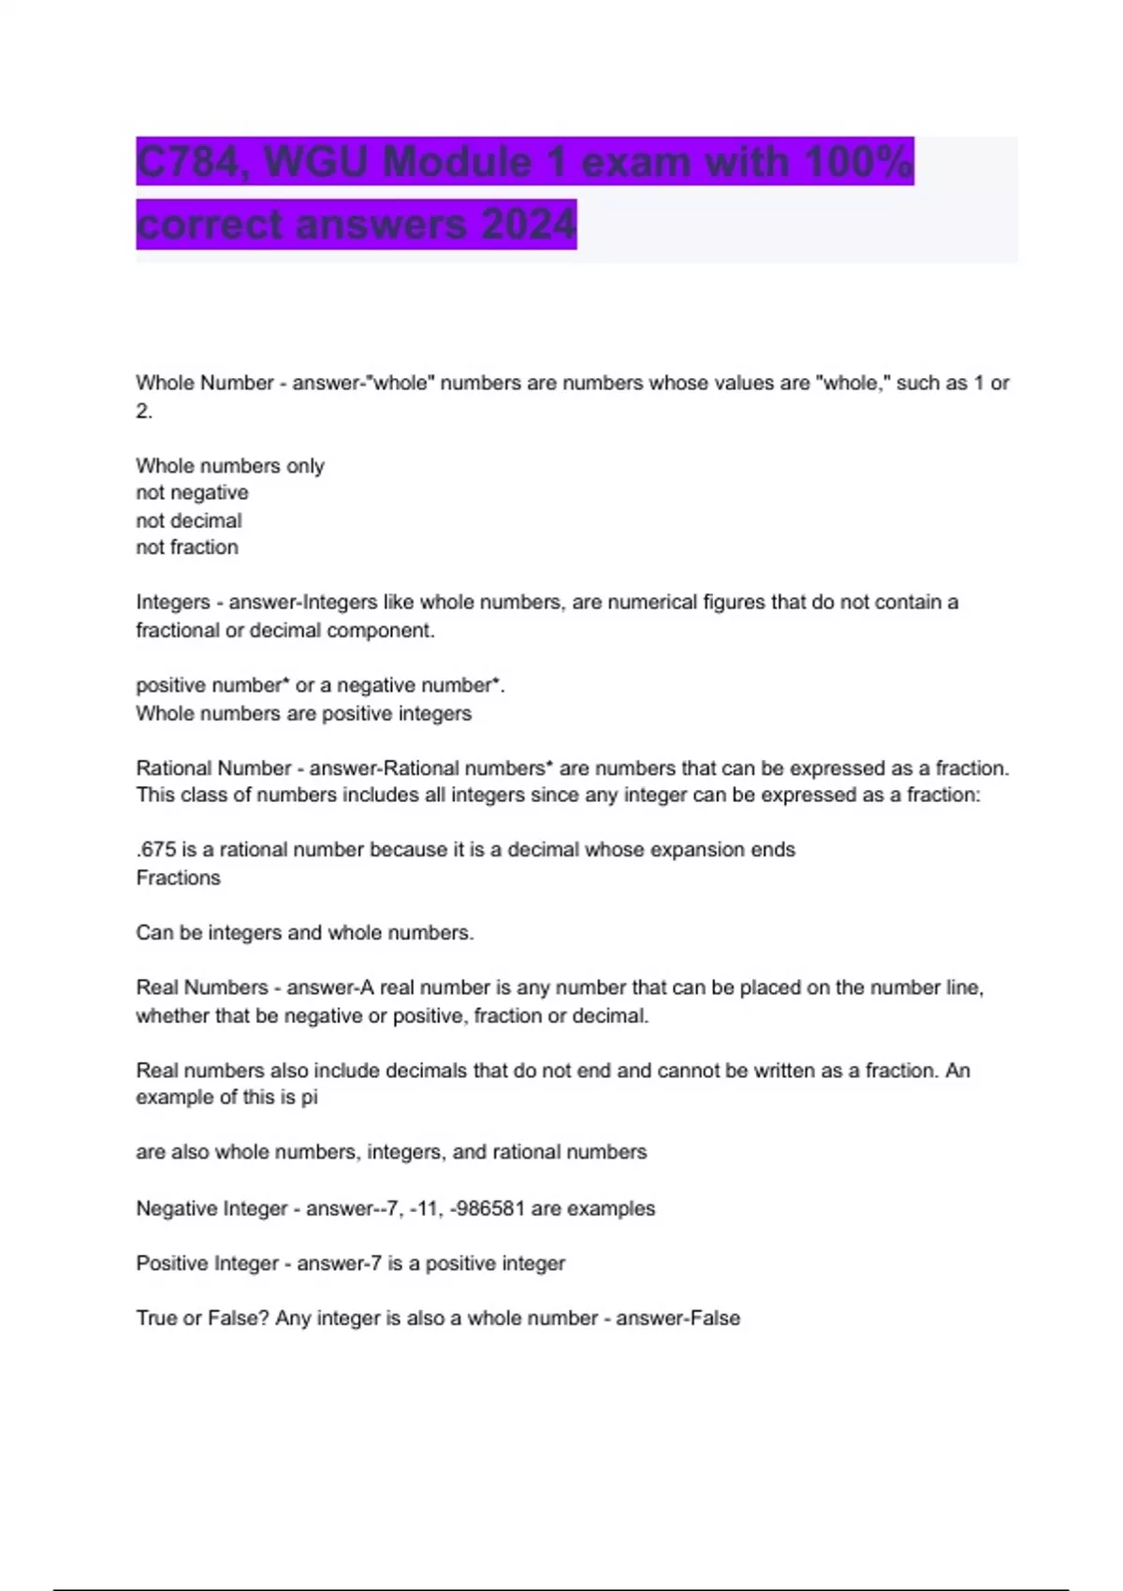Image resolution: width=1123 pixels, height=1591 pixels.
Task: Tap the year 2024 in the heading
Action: pyautogui.click(x=528, y=225)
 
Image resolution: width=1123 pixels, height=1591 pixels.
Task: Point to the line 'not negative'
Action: pyautogui.click(x=192, y=492)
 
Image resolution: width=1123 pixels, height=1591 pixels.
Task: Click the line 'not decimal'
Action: pyautogui.click(x=188, y=520)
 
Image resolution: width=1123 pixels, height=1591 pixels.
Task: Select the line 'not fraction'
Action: pyautogui.click(x=186, y=547)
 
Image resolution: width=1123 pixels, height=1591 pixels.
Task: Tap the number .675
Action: pyautogui.click(x=155, y=850)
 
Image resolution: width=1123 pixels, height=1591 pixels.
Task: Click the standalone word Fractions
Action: pyautogui.click(x=178, y=878)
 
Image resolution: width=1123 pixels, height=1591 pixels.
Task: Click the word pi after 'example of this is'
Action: pyautogui.click(x=309, y=1097)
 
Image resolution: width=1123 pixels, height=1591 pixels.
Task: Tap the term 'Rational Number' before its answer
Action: pyautogui.click(x=213, y=768)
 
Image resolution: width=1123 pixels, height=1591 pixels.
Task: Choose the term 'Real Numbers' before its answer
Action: pyautogui.click(x=201, y=987)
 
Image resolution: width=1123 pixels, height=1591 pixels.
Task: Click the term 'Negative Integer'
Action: pyautogui.click(x=211, y=1208)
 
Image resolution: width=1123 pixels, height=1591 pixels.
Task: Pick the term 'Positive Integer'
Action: pyautogui.click(x=207, y=1263)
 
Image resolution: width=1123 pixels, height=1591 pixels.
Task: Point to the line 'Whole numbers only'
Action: pyautogui.click(x=229, y=465)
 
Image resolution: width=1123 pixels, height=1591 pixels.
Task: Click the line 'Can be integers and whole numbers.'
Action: pyautogui.click(x=304, y=932)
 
